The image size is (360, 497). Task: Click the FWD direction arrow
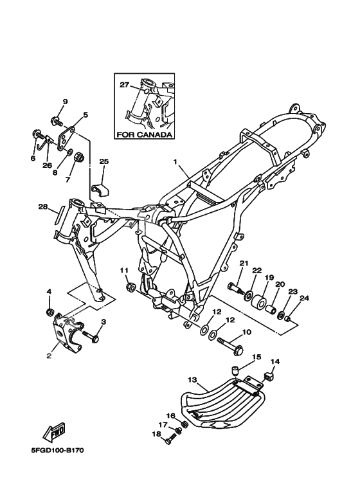click(x=54, y=432)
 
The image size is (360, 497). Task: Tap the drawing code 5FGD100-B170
click(x=57, y=451)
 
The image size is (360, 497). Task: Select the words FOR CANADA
click(x=145, y=135)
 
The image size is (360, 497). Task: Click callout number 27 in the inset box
click(x=125, y=85)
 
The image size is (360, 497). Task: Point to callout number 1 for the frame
click(x=175, y=161)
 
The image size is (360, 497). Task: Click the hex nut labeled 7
click(x=78, y=158)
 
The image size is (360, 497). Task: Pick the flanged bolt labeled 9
click(x=57, y=121)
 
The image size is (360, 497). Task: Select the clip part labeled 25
click(x=100, y=189)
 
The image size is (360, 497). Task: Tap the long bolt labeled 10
click(x=231, y=345)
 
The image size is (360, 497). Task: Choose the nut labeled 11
click(x=130, y=287)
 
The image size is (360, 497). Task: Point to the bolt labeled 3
click(x=91, y=336)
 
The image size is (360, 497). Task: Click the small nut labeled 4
click(x=50, y=313)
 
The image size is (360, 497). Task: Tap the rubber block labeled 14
click(x=269, y=377)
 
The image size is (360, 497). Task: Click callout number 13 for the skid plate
click(x=192, y=379)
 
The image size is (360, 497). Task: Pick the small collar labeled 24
click(x=289, y=318)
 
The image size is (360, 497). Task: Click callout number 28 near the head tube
click(x=43, y=207)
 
